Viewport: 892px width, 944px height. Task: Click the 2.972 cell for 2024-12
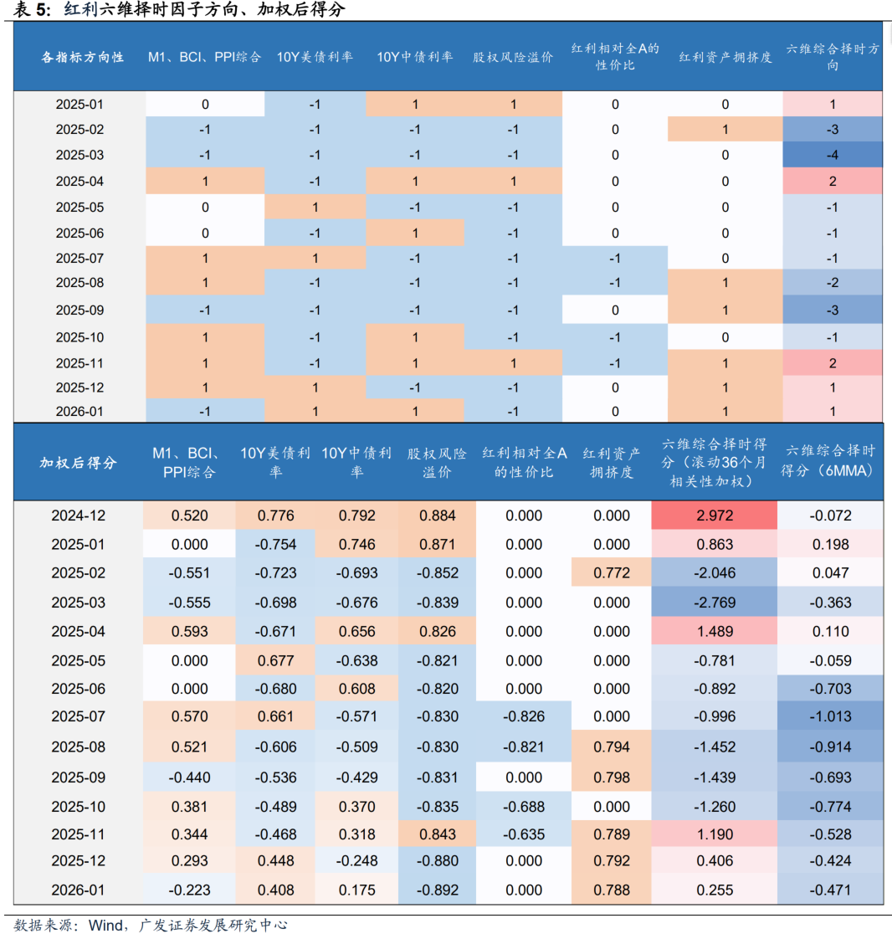tap(715, 516)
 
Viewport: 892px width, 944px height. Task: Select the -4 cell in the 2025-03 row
tap(833, 155)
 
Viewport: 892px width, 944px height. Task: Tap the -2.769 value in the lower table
tap(715, 603)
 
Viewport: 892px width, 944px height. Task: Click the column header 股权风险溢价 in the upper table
tap(513, 57)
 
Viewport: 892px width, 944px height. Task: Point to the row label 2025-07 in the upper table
tap(79, 258)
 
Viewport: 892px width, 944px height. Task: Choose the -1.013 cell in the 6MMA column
tap(830, 716)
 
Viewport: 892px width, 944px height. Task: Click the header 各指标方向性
tap(83, 57)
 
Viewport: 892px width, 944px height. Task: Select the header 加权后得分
tap(79, 463)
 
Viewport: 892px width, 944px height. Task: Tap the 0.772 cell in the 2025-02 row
tap(612, 573)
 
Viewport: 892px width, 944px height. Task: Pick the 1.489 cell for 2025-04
tap(715, 632)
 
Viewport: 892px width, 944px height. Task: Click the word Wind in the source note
tap(105, 925)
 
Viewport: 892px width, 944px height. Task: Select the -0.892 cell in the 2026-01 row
tap(437, 890)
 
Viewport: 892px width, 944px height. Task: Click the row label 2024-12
tap(79, 516)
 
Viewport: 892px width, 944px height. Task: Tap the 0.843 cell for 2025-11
tap(437, 834)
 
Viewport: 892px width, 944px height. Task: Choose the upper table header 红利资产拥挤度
tap(725, 57)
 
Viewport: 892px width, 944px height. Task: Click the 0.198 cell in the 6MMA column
tap(830, 545)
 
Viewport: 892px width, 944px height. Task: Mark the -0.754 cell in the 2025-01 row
tap(276, 545)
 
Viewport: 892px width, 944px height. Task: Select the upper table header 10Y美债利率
tap(315, 57)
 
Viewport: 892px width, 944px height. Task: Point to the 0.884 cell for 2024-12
tap(437, 516)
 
